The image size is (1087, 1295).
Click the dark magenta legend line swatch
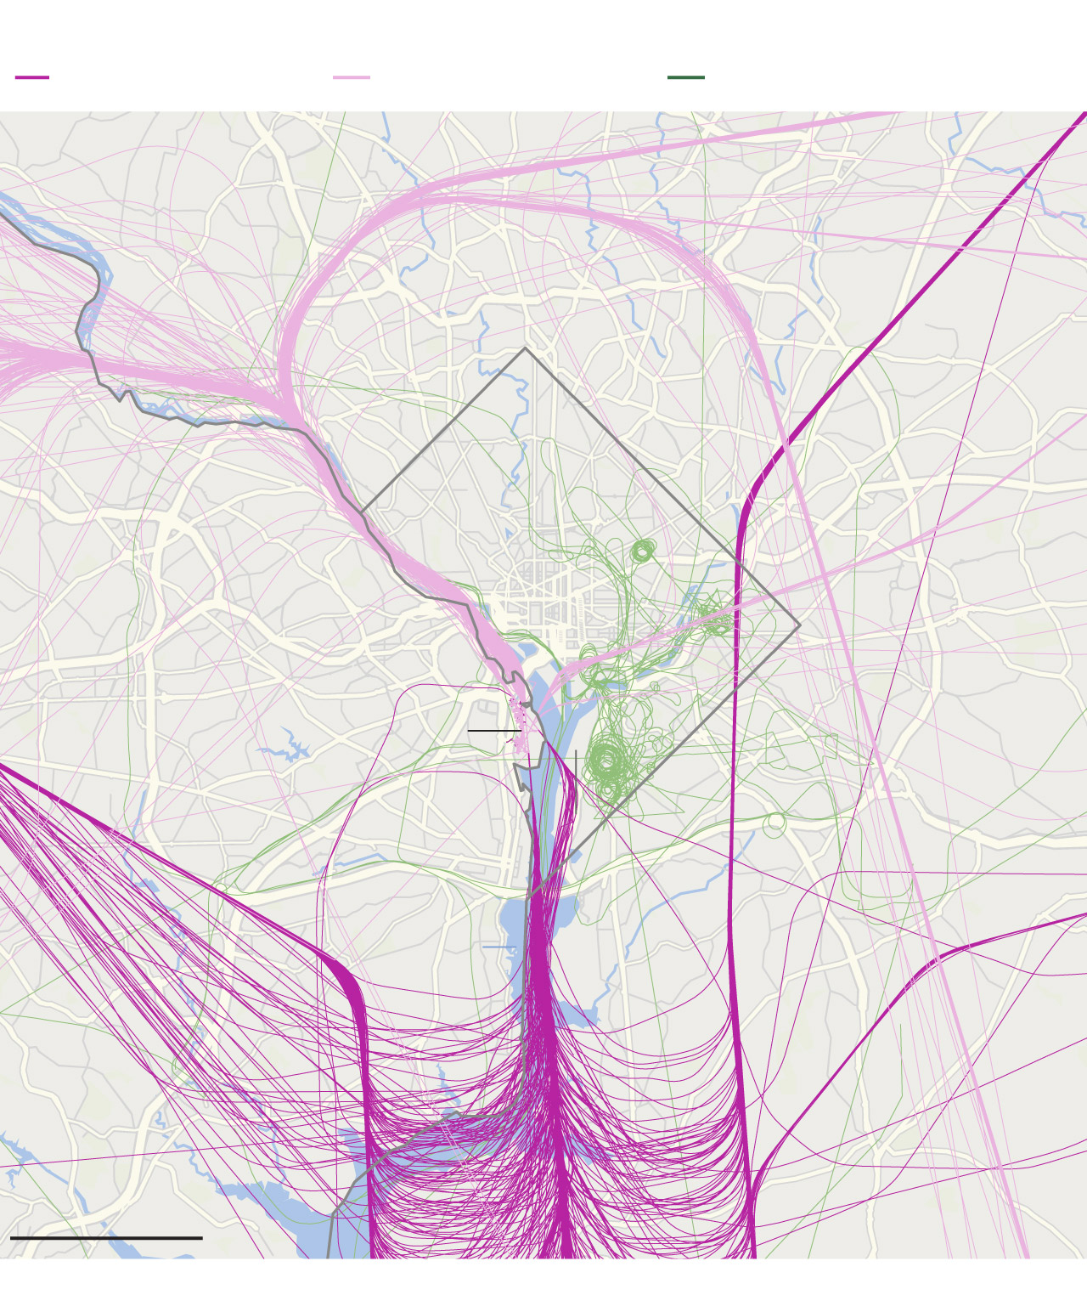pos(32,77)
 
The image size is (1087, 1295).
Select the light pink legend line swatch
pos(351,77)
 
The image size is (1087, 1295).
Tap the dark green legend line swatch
pos(685,77)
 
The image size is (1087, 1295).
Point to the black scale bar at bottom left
pos(106,1238)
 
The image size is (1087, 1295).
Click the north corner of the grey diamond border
pos(525,348)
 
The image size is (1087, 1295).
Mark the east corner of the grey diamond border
pos(799,626)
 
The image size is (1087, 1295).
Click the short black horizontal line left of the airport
pos(493,730)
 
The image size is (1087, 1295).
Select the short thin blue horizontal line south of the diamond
pos(498,947)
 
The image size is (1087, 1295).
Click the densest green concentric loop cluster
pos(605,761)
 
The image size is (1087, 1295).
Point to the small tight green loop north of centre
pos(642,551)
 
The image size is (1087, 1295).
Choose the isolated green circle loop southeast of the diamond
pos(774,824)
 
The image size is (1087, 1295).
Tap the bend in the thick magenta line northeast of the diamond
pos(747,501)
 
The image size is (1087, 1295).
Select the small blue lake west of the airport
pos(289,748)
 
